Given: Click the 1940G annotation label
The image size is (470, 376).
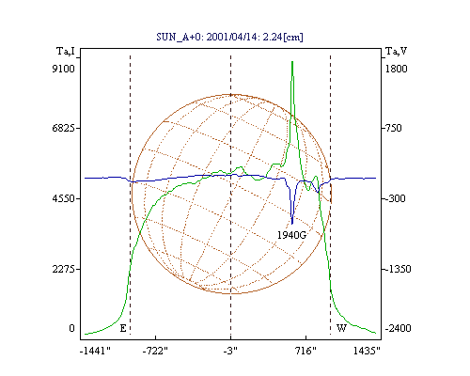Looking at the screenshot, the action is tap(291, 235).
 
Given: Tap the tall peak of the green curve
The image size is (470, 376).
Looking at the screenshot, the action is tap(292, 62).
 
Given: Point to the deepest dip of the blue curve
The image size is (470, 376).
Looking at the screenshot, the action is tap(292, 224).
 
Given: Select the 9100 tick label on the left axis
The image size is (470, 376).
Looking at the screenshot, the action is tap(63, 69).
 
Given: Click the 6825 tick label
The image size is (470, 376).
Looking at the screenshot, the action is tap(63, 128).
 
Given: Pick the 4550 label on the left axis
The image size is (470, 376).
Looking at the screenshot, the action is tap(63, 198).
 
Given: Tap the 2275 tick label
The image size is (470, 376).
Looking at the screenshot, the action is tap(63, 269).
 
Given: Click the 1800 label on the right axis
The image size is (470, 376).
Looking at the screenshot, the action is tap(396, 69).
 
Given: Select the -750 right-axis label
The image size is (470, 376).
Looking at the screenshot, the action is tap(393, 128).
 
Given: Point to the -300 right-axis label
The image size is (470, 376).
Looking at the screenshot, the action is tap(395, 198).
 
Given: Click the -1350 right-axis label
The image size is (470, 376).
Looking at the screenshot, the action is tap(398, 269).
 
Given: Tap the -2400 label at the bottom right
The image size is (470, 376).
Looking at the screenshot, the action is tap(398, 328).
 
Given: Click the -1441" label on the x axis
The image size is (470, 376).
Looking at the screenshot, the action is tap(95, 351).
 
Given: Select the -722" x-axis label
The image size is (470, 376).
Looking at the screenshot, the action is tap(155, 351).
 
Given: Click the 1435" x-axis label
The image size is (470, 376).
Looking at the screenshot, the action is tap(367, 351).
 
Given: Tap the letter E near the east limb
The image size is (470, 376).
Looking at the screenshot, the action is tap(123, 328).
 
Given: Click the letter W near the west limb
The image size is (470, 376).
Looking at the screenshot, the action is tap(341, 328).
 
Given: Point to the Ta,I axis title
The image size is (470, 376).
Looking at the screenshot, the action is tap(66, 51).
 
